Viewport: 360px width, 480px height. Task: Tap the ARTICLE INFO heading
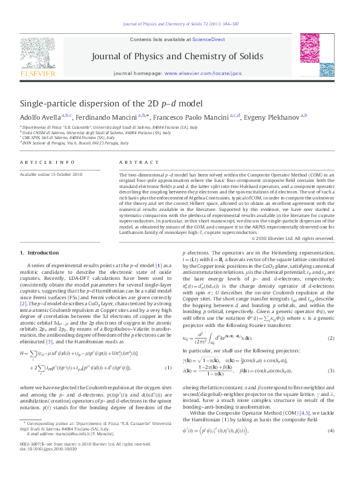tap(40, 163)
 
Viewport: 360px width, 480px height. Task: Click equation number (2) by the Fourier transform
tap(332, 338)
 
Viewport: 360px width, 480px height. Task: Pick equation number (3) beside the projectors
tap(332, 370)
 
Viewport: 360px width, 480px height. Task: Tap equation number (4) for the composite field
tap(332, 430)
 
